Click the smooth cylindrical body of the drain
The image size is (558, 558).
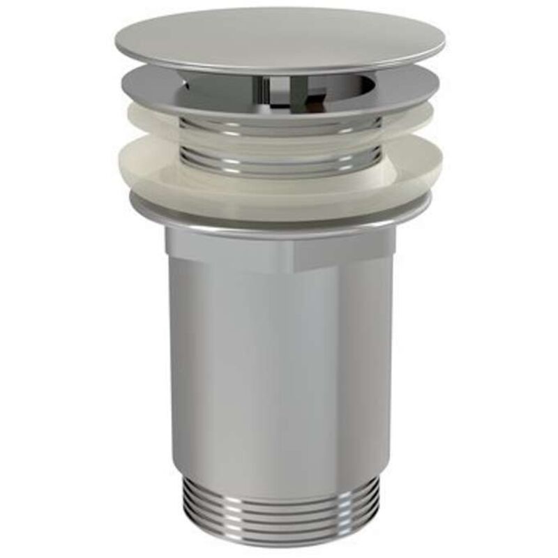point(279,363)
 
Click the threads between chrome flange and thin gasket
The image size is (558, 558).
point(279,126)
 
